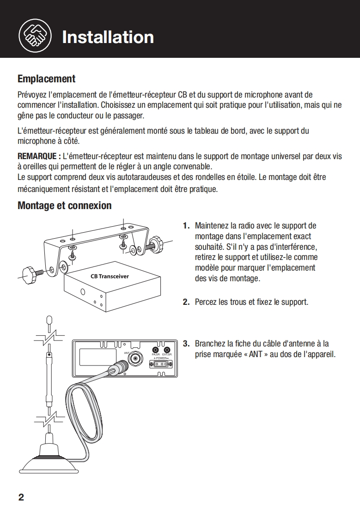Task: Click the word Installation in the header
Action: pos(108,37)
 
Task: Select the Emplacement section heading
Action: pos(46,79)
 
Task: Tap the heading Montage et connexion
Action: pos(64,205)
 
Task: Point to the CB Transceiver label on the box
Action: pos(110,277)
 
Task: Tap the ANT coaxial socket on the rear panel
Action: pos(135,358)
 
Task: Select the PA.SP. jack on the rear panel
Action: pos(156,350)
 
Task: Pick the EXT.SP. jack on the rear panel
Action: pos(167,350)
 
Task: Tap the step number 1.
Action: pos(186,226)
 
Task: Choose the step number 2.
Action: pos(186,302)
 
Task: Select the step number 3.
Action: pos(186,344)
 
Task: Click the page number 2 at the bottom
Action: pos(21,498)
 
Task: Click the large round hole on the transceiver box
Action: pos(83,292)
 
